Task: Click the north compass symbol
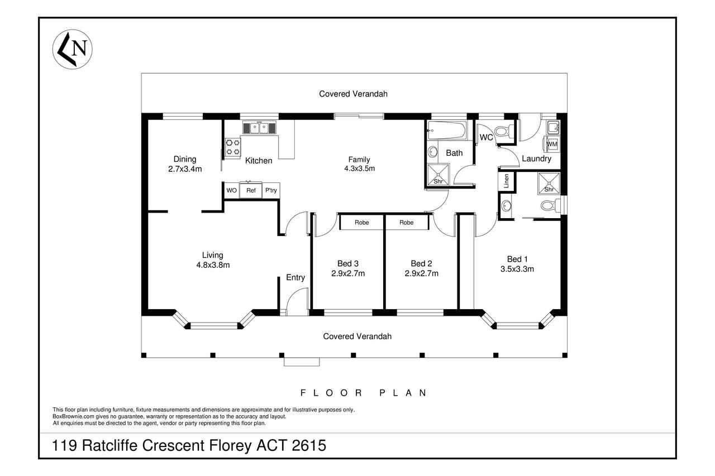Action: tap(73, 50)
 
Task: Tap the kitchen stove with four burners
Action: tap(233, 147)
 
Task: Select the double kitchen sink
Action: tap(259, 128)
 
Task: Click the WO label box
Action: tap(231, 190)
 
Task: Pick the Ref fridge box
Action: tap(251, 190)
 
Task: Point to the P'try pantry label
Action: tap(271, 190)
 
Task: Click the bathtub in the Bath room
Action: tap(447, 130)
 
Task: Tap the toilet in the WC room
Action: tap(504, 131)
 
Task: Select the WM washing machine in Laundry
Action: tap(552, 144)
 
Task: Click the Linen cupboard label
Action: tap(506, 181)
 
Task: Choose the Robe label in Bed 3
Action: tap(361, 223)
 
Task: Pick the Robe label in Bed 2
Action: tap(406, 223)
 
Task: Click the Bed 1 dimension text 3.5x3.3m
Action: tap(517, 269)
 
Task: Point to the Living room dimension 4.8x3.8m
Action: tap(213, 265)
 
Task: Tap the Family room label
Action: tap(359, 160)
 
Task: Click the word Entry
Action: tap(295, 277)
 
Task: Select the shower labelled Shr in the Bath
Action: tap(438, 175)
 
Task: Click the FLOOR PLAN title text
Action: tap(364, 393)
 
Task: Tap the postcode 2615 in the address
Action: tap(309, 445)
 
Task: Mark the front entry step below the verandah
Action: tap(302, 362)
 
